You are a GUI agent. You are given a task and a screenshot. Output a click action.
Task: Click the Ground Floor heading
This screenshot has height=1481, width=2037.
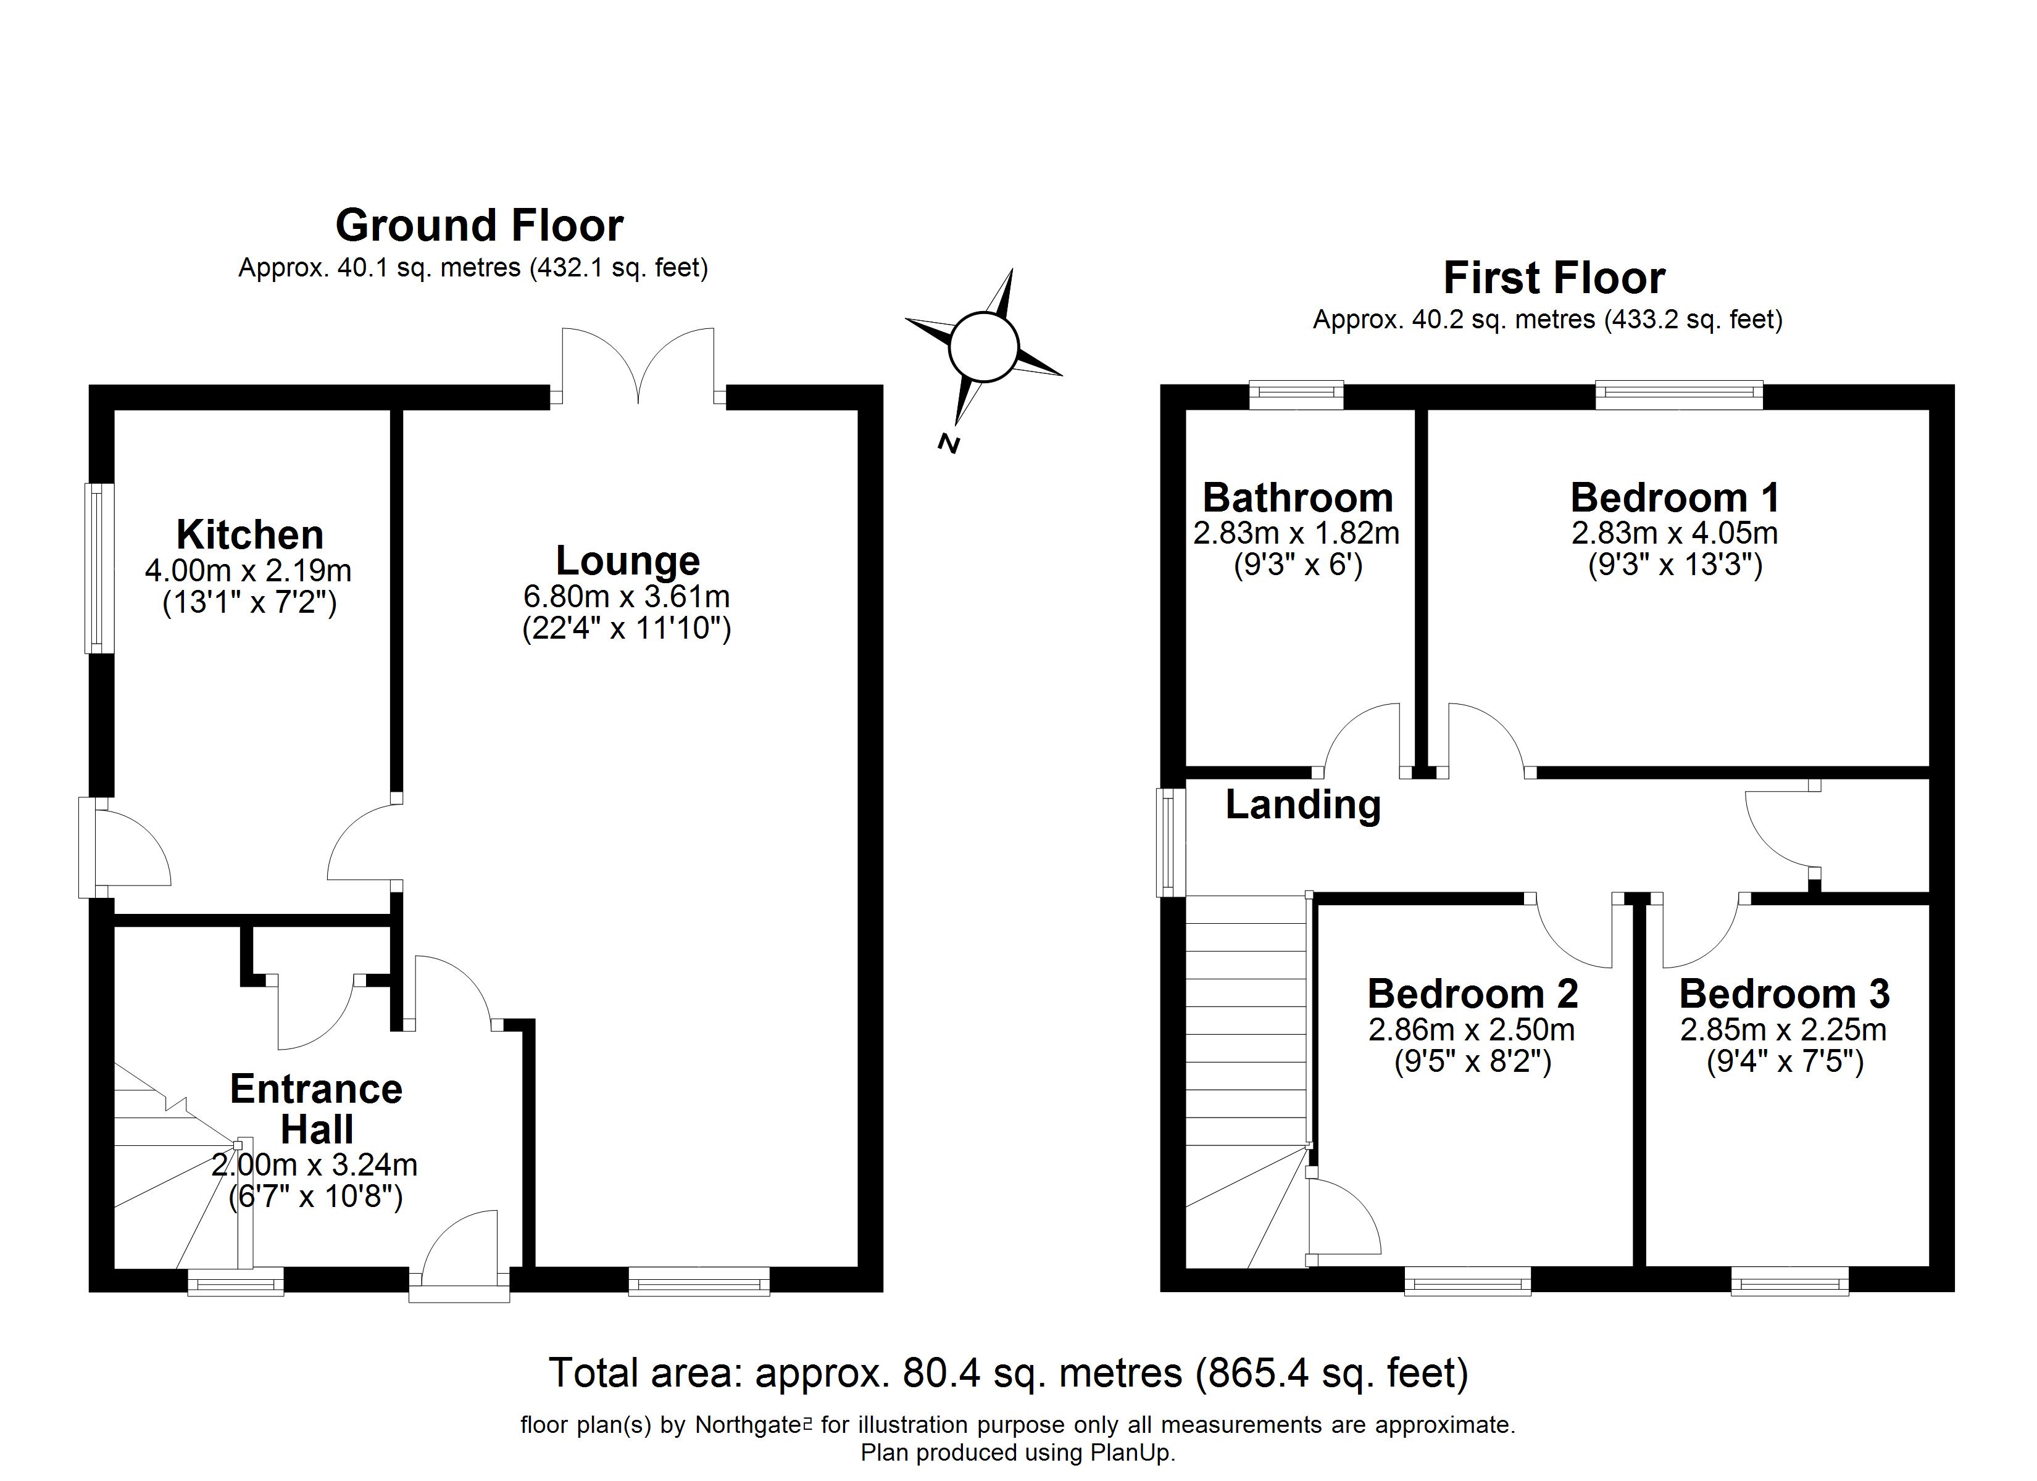point(479,225)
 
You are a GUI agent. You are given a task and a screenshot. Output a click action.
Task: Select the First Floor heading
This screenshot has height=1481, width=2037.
point(1554,278)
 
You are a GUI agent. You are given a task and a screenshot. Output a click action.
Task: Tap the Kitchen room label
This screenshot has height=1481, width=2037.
point(249,535)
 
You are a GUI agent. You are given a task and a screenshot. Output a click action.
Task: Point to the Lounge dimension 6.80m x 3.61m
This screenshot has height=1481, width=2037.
point(627,596)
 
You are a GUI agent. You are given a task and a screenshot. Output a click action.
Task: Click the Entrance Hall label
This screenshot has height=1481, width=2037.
point(316,1109)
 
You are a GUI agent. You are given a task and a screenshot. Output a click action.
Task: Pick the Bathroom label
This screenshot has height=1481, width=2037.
point(1298,497)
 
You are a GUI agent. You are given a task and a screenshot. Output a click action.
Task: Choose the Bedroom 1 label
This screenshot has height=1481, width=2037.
point(1675,497)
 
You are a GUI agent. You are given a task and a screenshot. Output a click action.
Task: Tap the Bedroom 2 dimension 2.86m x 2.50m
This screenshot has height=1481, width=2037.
point(1472,1030)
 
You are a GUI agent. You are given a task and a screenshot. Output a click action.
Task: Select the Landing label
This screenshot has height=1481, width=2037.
point(1303,805)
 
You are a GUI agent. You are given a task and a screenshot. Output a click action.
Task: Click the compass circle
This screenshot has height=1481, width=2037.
point(983,346)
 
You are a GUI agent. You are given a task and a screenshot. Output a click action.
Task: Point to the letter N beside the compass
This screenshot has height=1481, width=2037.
point(949,444)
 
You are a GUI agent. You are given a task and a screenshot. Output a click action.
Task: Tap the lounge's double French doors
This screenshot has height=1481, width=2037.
point(638,368)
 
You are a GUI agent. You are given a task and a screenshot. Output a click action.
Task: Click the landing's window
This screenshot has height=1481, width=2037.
point(1170,842)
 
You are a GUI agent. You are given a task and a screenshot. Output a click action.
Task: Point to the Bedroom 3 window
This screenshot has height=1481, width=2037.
point(1790,1280)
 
